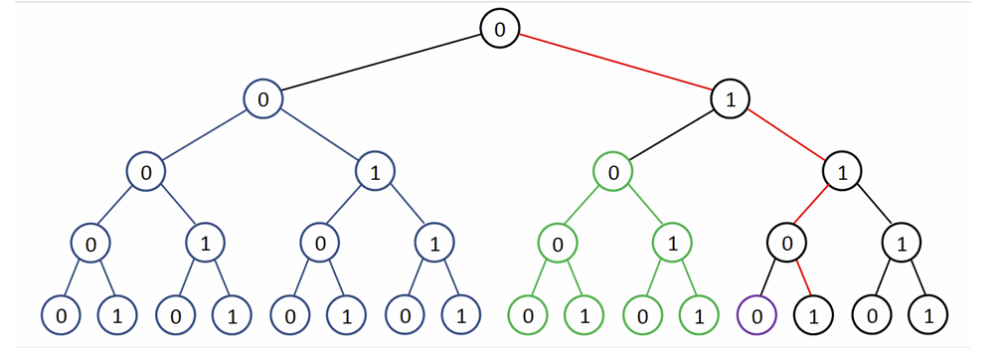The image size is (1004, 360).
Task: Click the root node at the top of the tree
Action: tap(500, 29)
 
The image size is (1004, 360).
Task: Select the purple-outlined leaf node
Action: tap(756, 315)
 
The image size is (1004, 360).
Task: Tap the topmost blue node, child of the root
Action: tap(262, 99)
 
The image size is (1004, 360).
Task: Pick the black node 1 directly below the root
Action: tap(730, 99)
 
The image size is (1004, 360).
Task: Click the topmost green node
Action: tap(613, 172)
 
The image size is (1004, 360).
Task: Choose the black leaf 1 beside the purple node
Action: tap(813, 315)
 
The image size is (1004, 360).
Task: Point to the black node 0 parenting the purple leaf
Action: tap(787, 243)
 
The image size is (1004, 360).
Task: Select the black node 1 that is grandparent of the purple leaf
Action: tap(843, 172)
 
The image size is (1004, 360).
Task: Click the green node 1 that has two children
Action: tap(672, 243)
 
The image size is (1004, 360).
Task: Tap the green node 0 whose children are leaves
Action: tap(557, 243)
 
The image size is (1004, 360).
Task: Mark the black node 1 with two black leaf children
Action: tap(902, 243)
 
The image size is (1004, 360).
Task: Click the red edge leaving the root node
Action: tap(615, 61)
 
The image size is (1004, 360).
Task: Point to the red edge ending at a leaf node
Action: tap(804, 278)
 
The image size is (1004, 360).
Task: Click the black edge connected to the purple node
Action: tap(771, 278)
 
